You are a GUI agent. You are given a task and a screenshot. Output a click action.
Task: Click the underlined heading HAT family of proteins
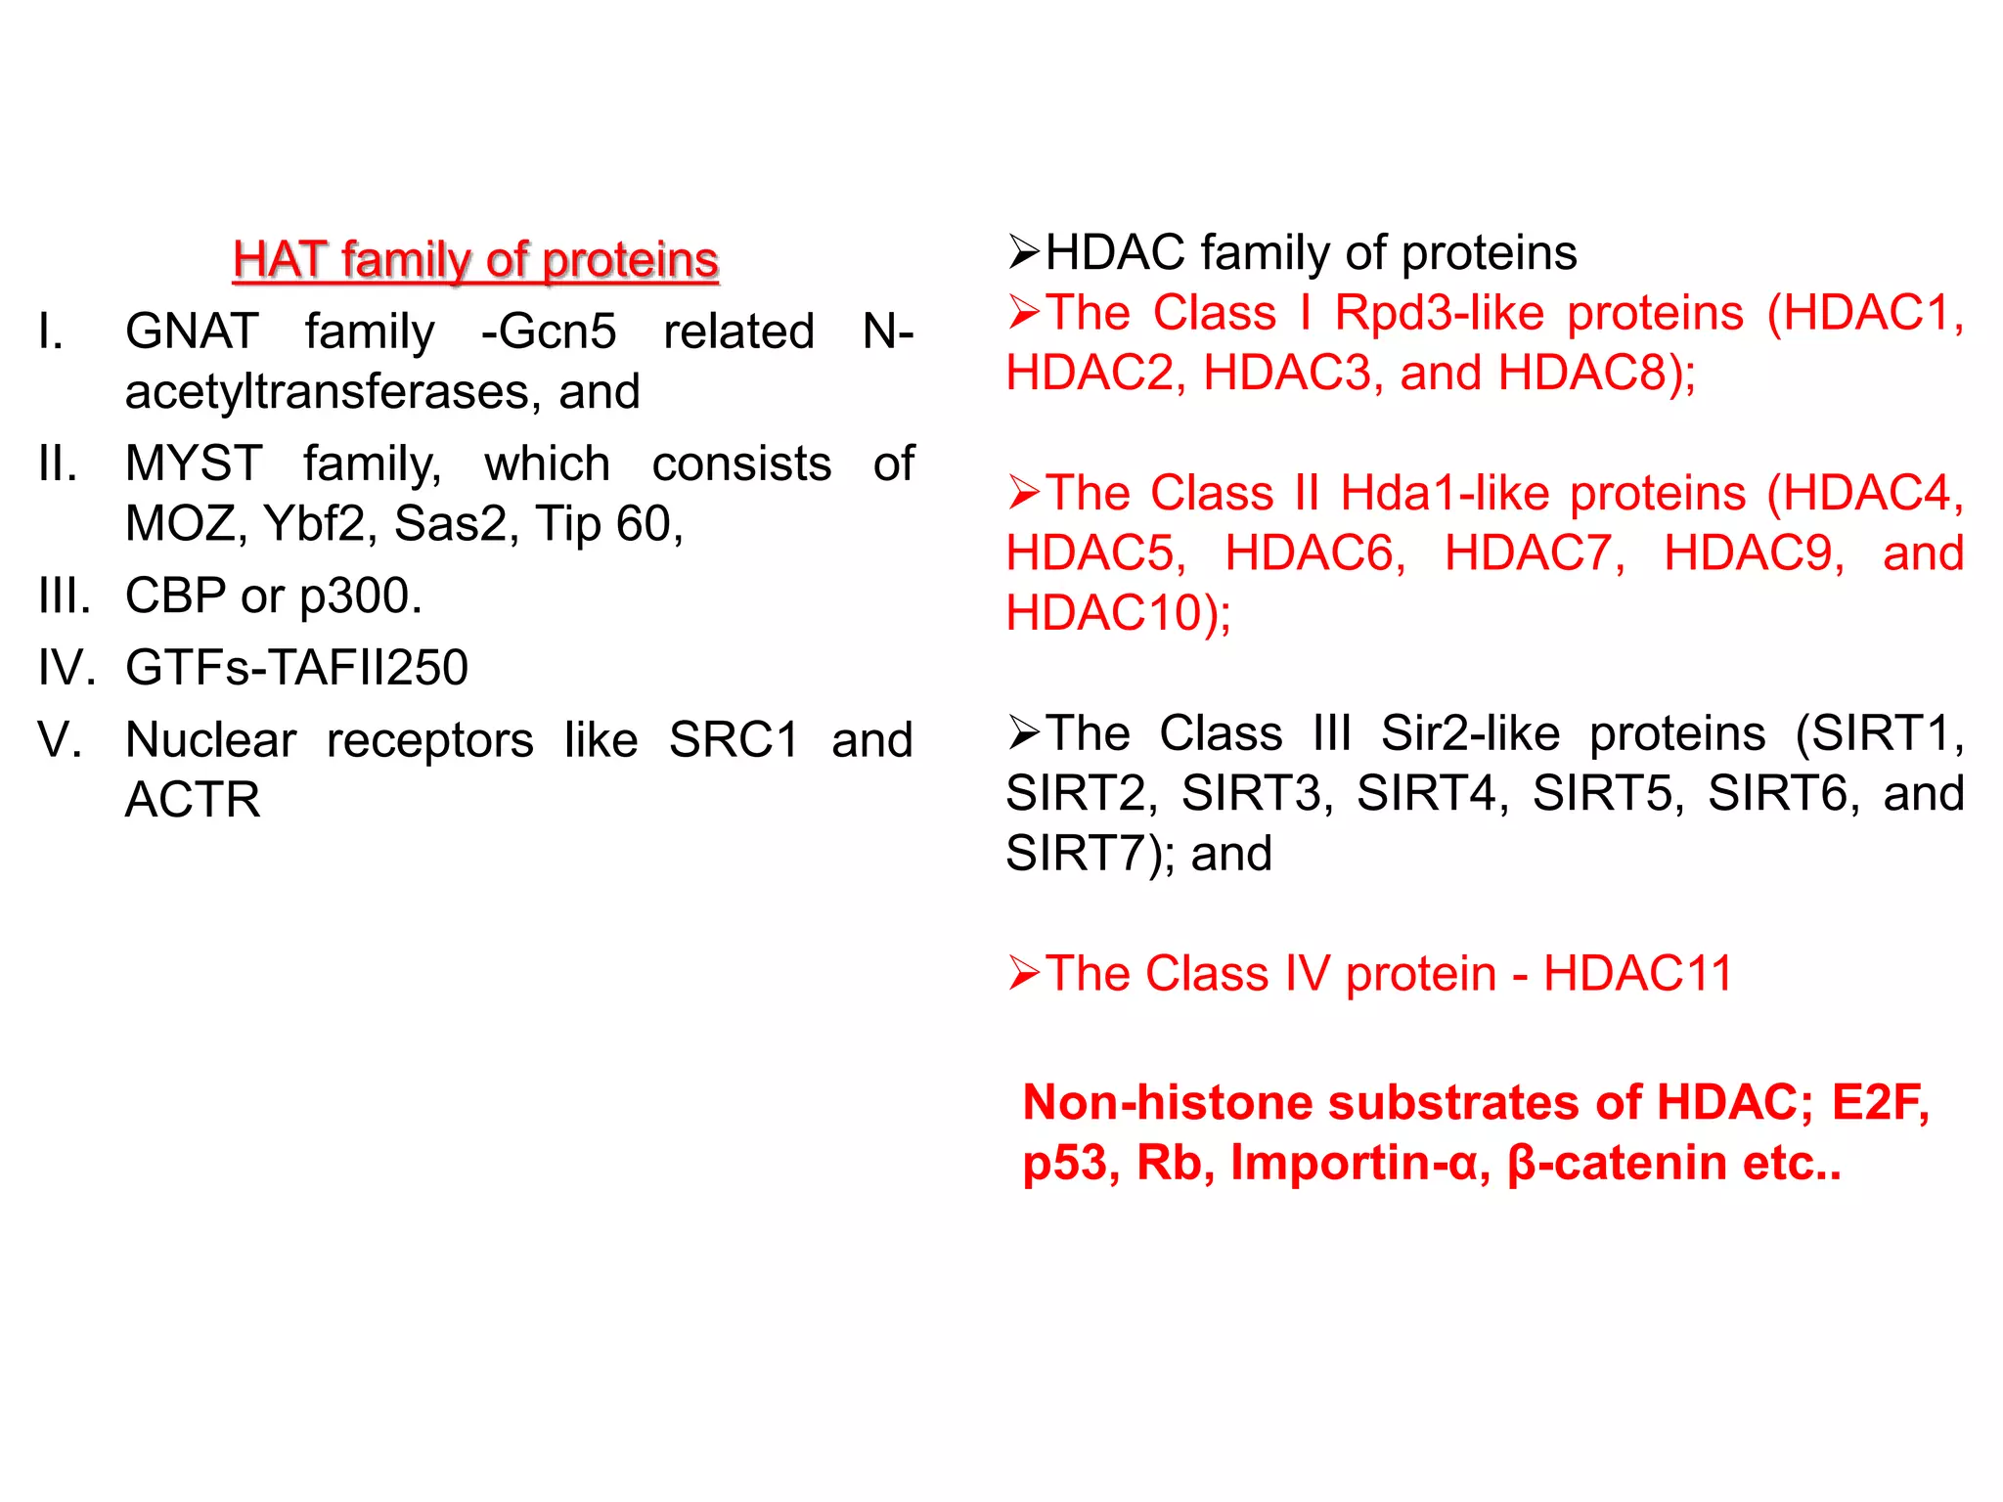pos(475,260)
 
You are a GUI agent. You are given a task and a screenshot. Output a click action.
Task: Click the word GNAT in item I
pos(192,331)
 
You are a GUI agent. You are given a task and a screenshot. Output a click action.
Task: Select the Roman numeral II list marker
pos(58,464)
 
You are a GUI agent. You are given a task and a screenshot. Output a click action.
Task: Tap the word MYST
pos(194,464)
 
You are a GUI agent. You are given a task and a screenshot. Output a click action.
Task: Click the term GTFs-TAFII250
pos(296,668)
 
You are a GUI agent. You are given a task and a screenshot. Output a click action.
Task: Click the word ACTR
pos(193,800)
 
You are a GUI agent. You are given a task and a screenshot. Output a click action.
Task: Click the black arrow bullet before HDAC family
pos(1023,253)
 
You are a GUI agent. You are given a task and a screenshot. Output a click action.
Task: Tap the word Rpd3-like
pos(1441,314)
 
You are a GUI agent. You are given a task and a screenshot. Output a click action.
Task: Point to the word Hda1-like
pos(1445,494)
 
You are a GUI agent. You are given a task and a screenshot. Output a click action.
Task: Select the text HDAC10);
pos(1118,614)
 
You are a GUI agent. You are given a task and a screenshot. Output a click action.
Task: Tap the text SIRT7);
pos(1091,854)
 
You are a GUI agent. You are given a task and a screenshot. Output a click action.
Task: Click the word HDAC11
pos(1637,975)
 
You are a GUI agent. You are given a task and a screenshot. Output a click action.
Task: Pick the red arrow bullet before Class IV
pos(1023,975)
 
